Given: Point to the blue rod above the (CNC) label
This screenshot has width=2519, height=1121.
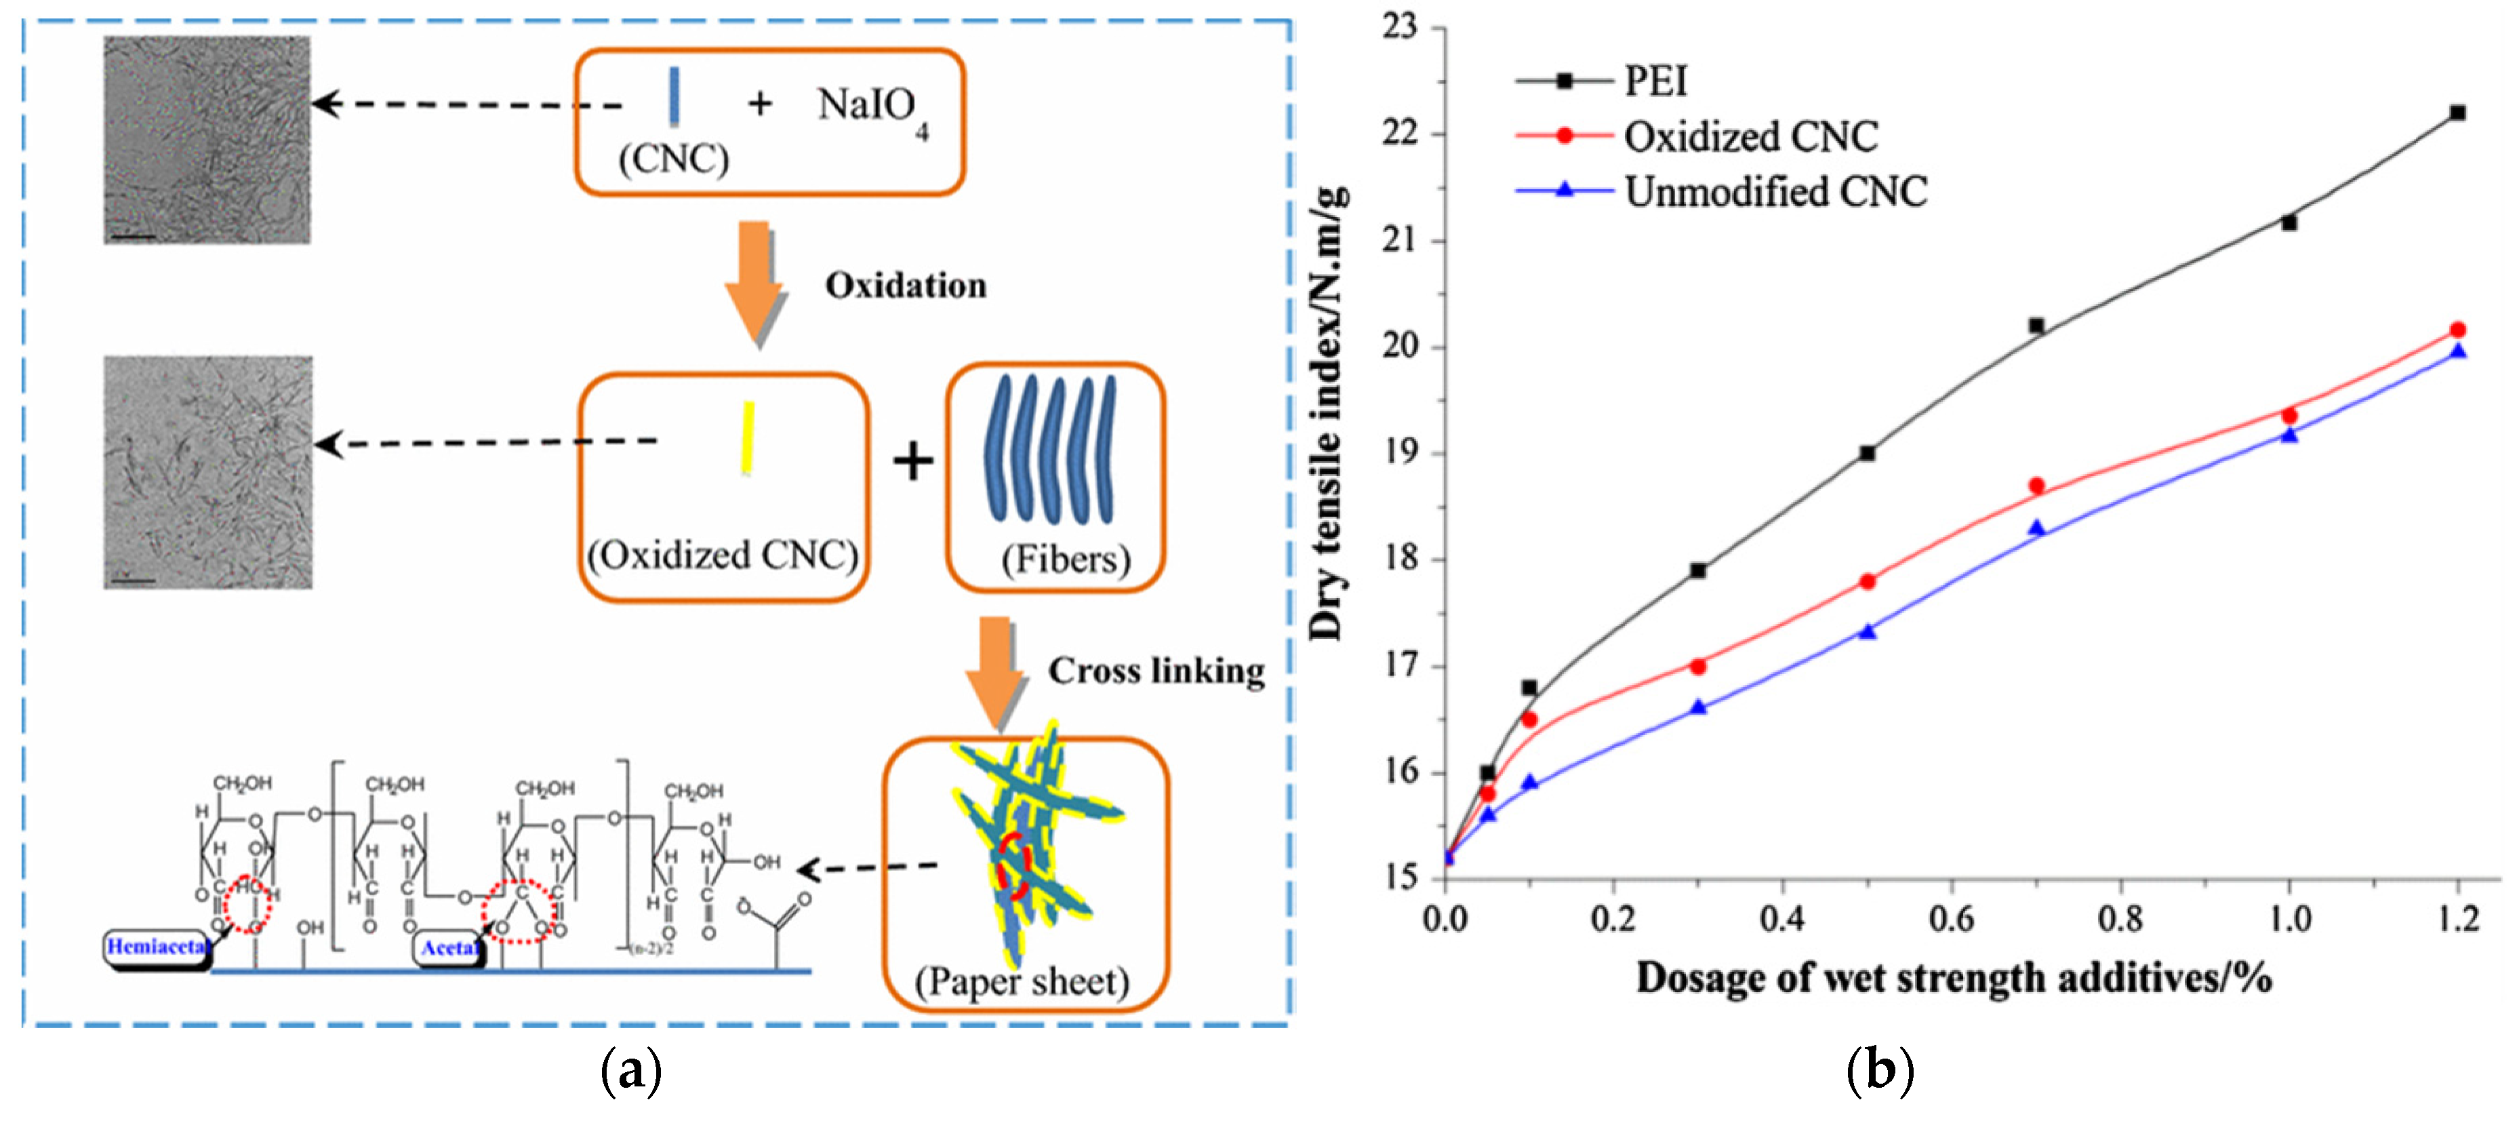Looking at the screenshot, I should [x=674, y=96].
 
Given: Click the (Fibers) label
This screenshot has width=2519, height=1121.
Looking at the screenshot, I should [x=1065, y=559].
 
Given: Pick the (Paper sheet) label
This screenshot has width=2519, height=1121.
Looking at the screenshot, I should [x=1022, y=981].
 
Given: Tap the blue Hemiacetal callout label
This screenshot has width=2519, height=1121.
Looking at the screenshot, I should [x=157, y=947].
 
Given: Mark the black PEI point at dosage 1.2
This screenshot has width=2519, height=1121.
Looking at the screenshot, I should [x=2457, y=113].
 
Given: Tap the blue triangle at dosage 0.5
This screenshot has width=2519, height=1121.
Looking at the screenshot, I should [x=1868, y=632].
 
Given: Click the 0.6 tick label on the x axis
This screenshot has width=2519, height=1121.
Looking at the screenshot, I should [x=1951, y=920].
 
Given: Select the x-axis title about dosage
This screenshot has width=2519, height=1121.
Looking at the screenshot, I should [x=1954, y=978].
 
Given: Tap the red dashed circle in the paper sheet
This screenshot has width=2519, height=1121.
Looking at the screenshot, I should [x=1014, y=866].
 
